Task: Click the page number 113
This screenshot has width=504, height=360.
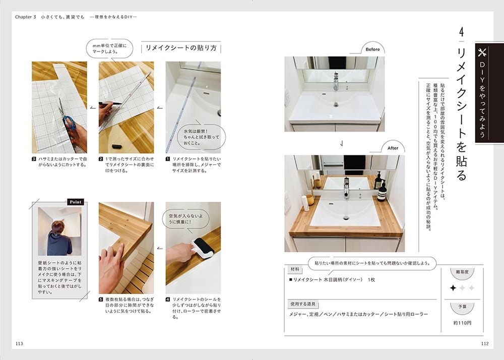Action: [x=19, y=343]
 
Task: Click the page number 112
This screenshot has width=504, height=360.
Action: [x=485, y=343]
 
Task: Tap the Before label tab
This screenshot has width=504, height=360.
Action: [x=372, y=49]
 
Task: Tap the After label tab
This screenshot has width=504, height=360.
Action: [x=393, y=148]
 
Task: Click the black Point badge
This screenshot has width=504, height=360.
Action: [x=76, y=202]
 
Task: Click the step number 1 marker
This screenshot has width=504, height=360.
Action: [x=167, y=159]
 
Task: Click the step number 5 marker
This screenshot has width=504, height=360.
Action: [x=101, y=299]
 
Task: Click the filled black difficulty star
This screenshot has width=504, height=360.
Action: [x=453, y=288]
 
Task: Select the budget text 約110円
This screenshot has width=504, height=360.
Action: [x=462, y=323]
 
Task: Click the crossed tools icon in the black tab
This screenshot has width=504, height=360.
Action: [x=482, y=52]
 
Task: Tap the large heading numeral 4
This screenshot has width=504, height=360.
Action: [x=462, y=32]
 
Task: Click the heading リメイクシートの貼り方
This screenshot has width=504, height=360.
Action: [x=181, y=48]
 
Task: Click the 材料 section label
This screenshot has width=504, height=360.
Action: [x=295, y=269]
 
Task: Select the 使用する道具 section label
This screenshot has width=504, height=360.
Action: [x=303, y=304]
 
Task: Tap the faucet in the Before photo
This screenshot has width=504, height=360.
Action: [x=336, y=82]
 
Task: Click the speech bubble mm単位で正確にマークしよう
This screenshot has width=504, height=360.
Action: [x=109, y=49]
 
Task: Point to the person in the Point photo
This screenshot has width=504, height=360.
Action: [x=59, y=238]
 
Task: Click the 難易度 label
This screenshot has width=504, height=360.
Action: [x=462, y=272]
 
